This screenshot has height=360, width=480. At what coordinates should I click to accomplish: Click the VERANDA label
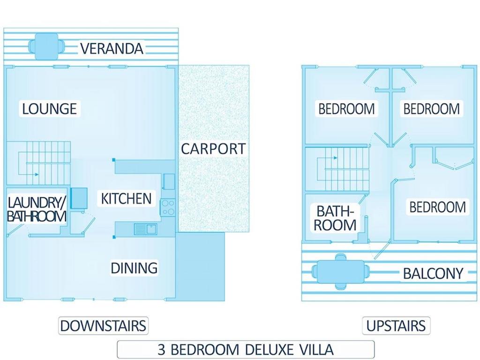112,49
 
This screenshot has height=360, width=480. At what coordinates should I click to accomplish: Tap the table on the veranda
46,46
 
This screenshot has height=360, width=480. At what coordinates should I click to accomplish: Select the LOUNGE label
50,109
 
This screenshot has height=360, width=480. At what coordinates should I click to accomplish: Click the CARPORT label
213,149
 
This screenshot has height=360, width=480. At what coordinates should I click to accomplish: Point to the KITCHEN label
126,199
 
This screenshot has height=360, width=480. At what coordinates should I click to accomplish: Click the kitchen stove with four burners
168,207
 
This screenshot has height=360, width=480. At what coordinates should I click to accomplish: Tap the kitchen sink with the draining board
145,229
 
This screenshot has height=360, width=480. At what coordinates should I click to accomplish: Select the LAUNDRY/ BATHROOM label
37,210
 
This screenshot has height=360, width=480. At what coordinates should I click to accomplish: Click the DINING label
134,268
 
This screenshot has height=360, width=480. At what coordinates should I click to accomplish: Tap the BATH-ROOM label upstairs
335,218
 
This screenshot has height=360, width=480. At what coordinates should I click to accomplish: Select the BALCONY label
433,273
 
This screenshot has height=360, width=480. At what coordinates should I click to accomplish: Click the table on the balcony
341,271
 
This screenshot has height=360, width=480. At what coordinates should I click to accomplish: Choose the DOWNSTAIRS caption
103,326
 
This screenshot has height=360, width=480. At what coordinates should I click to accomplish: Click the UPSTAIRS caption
396,326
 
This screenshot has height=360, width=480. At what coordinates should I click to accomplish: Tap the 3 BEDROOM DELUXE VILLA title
246,349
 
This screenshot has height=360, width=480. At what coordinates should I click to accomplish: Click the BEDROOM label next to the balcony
437,207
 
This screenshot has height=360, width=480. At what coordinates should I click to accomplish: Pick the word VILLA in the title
315,349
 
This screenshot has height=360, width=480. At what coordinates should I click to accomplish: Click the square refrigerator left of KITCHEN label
79,198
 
